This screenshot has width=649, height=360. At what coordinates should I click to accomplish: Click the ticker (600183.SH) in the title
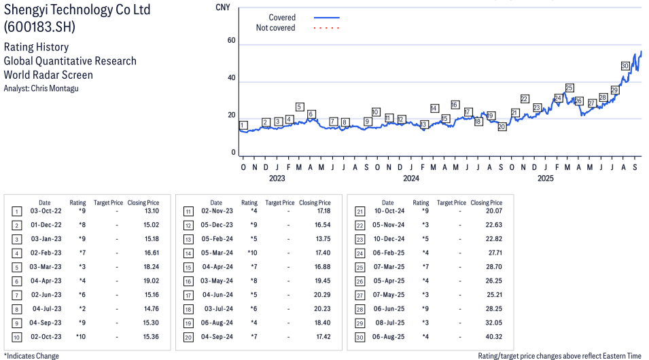(39, 27)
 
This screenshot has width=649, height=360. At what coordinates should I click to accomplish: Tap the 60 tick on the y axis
(231, 41)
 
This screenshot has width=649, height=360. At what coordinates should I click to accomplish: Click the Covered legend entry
(282, 18)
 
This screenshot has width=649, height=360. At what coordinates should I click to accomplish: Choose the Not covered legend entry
(275, 28)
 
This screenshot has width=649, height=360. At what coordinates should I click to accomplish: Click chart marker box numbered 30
(625, 66)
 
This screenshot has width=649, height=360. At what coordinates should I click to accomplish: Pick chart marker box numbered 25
(569, 88)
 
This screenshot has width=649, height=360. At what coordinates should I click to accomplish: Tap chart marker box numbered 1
(243, 125)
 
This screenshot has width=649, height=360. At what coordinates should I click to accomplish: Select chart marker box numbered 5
(300, 107)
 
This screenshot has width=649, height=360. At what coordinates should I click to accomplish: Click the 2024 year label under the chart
(410, 179)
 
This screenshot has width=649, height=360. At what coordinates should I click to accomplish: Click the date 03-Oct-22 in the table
(45, 211)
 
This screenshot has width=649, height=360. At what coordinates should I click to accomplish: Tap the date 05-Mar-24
(216, 253)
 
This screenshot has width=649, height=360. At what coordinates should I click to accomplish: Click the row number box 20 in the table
(188, 337)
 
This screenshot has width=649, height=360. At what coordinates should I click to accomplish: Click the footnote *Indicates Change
(32, 356)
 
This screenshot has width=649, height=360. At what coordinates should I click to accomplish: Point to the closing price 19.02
(150, 281)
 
